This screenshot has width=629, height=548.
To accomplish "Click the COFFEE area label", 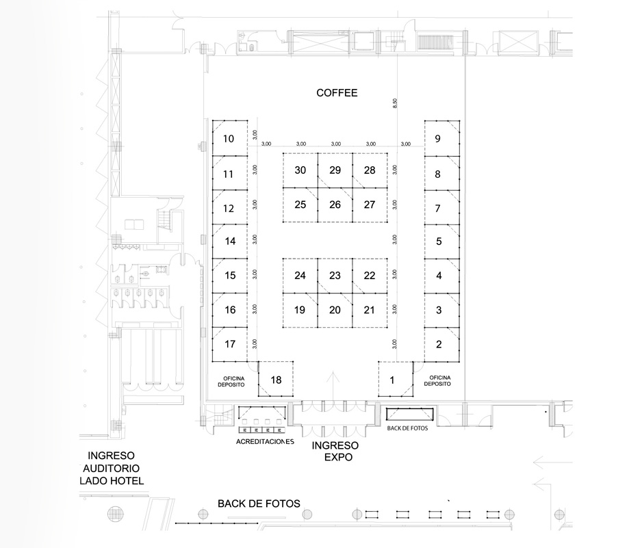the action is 337,93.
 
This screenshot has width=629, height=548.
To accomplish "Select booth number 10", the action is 230,138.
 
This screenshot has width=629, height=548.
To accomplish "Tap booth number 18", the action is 276,379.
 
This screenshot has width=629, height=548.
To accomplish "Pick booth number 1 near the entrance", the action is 396,379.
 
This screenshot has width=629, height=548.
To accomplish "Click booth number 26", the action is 335,205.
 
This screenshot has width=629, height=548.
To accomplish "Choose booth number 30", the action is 300,170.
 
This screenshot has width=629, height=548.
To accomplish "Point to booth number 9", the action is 442,138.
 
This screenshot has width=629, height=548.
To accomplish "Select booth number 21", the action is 370,311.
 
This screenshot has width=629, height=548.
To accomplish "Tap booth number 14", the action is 230,241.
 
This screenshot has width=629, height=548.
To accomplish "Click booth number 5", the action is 442,242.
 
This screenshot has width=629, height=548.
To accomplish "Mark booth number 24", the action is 300,276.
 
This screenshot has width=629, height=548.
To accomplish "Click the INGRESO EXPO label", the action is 335,452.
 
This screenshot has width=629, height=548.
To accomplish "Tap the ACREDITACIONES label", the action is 265,442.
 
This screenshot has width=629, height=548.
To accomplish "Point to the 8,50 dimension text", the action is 395,104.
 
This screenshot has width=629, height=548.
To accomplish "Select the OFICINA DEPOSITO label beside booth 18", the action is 231,382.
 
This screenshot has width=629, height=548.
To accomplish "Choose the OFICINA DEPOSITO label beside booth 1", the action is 437,381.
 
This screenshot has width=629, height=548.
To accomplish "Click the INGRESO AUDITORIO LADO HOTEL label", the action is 111,468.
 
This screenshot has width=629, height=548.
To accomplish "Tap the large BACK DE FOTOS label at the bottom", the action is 259,504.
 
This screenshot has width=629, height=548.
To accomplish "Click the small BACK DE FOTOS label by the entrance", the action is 407,428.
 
